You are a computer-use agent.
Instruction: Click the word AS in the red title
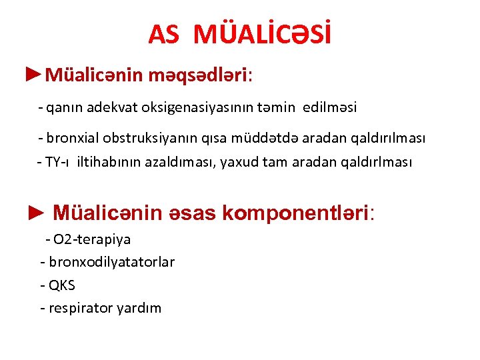163,35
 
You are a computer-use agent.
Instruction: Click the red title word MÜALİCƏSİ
262,34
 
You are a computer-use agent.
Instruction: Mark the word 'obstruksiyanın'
148,138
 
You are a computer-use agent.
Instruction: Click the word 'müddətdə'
265,138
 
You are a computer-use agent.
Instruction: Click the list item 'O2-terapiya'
91,239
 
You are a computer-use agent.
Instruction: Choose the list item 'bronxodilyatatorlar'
111,262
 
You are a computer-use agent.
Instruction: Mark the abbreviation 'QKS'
62,285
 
